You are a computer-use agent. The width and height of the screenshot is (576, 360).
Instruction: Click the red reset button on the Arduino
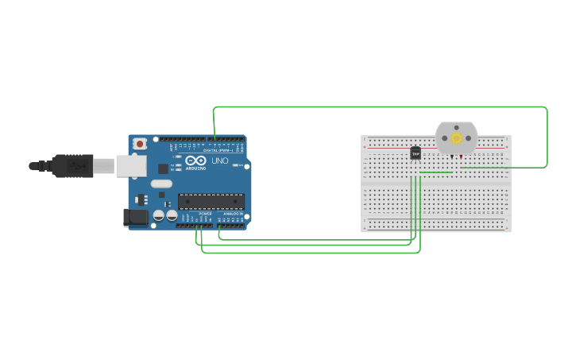click(x=140, y=144)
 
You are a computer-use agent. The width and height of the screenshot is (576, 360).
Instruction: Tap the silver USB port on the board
click(x=131, y=165)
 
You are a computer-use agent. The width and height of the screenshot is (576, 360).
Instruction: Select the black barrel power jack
click(x=136, y=217)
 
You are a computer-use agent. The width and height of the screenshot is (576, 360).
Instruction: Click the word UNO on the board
click(x=220, y=161)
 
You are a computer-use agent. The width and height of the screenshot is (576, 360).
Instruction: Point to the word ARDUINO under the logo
click(x=195, y=168)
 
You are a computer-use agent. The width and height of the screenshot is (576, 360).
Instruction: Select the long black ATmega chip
click(x=211, y=201)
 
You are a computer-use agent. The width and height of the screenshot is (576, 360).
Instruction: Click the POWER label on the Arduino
click(x=205, y=214)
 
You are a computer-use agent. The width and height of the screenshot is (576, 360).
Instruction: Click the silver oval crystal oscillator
click(x=161, y=184)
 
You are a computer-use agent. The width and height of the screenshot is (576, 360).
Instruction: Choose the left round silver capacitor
click(x=159, y=215)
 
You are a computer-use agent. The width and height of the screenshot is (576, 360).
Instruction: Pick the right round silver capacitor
click(x=171, y=215)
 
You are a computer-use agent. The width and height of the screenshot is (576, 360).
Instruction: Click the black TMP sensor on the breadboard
click(x=416, y=153)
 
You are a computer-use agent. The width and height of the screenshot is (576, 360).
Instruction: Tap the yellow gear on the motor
click(x=456, y=138)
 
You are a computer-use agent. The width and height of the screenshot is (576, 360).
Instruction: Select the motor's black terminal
click(x=451, y=157)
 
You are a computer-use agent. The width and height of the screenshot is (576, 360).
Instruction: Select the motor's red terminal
click(x=461, y=157)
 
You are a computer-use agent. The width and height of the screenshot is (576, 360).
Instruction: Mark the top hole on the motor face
click(x=456, y=128)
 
